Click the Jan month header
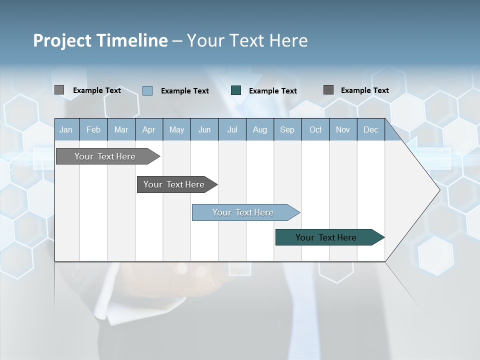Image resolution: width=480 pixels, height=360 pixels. [x=66, y=129]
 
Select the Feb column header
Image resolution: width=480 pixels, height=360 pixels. [x=93, y=129]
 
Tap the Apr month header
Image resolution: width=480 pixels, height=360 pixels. [x=148, y=129]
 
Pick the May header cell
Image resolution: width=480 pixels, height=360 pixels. [x=176, y=129]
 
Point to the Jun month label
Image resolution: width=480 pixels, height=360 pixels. [x=204, y=129]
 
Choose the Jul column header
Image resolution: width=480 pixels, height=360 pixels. [x=232, y=129]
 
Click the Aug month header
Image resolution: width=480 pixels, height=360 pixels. [x=259, y=129]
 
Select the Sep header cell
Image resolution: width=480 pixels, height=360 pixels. [x=287, y=129]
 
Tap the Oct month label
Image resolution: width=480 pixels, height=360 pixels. [x=315, y=129]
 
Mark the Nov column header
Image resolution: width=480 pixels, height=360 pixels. [x=343, y=129]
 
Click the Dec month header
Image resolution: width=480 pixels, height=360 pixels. [x=370, y=129]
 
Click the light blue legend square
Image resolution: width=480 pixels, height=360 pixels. [x=147, y=90]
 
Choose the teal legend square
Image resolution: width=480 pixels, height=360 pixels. [x=236, y=90]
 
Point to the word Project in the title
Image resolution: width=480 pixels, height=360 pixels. [x=63, y=40]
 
